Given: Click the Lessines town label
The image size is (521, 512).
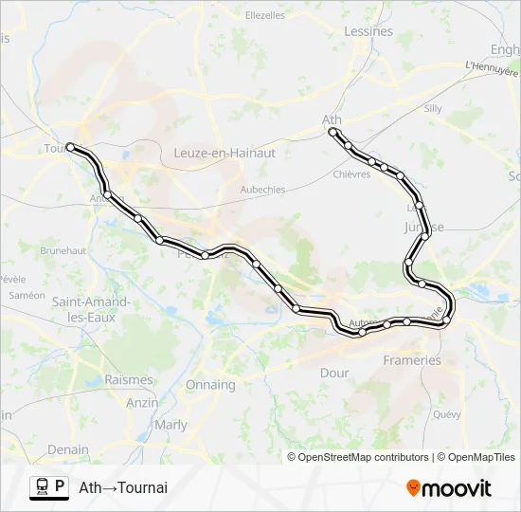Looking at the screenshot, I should tap(368, 31).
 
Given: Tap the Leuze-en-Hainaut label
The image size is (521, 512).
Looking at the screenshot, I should tap(225, 153).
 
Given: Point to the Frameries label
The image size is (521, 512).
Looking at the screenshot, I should tap(412, 360).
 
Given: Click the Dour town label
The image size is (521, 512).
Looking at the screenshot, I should tap(334, 373).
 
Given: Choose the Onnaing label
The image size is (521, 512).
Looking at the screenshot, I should tap(210, 385).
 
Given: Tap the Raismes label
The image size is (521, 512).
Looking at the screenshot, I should tap(129, 379).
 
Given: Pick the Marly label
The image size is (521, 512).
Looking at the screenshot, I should tap(171, 425).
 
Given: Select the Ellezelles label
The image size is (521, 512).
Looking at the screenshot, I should tap(265, 15).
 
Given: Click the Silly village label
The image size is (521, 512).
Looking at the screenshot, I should tap(433, 108).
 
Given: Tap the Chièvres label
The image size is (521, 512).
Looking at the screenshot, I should tap(351, 174).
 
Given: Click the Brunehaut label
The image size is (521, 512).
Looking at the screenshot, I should tap(63, 250).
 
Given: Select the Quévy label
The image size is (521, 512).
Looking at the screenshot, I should tap(446, 414).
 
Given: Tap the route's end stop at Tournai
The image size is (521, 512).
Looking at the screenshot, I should tap(70, 147).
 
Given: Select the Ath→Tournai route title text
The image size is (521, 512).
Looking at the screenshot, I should tap(123, 487).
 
